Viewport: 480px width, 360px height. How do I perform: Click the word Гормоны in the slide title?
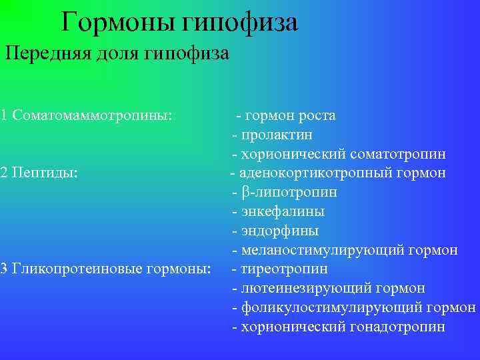tap(117, 23)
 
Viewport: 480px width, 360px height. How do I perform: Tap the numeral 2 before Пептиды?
tap(4, 173)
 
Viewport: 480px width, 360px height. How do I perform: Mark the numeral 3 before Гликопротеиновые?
tap(4, 269)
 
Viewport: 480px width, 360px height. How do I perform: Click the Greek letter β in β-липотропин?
tap(244, 193)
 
